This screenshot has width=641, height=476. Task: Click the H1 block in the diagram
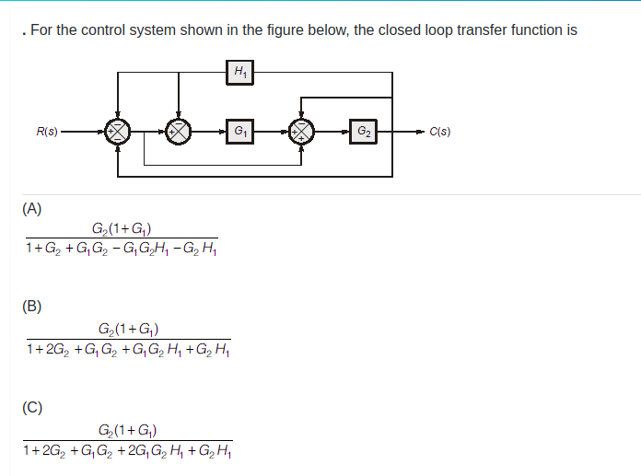click(x=239, y=71)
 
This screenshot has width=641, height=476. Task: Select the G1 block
click(x=239, y=132)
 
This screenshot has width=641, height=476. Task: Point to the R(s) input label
click(x=47, y=132)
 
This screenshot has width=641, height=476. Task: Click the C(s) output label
click(x=439, y=132)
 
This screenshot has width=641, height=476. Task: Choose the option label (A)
click(x=32, y=208)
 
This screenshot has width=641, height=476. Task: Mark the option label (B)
click(x=32, y=307)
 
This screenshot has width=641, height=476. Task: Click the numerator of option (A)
click(x=122, y=229)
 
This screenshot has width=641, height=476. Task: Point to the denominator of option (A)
click(x=122, y=249)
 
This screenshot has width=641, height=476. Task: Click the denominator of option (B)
click(x=128, y=349)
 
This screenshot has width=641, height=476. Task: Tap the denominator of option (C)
click(x=128, y=450)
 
